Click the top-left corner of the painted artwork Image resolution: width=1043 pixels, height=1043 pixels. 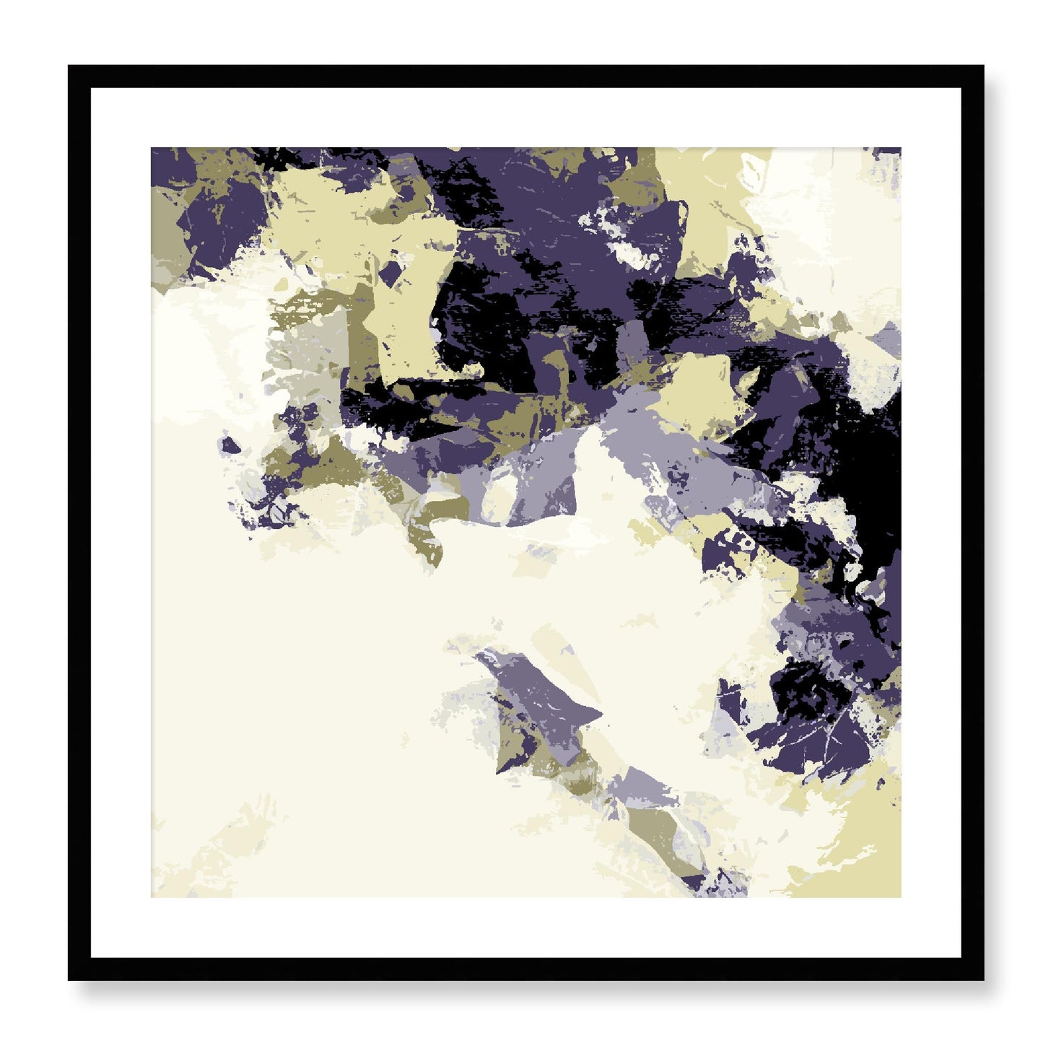click(152, 149)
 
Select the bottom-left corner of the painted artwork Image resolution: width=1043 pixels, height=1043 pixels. click(152, 897)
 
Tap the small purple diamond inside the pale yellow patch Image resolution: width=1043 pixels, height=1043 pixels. click(390, 274)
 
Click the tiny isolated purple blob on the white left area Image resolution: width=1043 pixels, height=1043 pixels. click(230, 444)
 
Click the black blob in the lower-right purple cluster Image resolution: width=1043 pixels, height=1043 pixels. click(798, 689)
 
